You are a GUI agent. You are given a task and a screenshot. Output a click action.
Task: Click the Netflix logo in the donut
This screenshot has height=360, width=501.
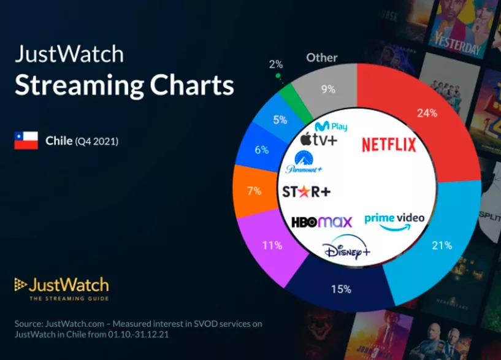point(389,145)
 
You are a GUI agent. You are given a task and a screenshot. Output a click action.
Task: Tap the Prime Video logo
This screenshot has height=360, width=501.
point(394,222)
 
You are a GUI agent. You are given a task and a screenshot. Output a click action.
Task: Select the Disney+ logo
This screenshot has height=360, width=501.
point(346,249)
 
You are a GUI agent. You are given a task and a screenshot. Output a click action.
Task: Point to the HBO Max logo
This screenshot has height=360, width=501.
point(322,222)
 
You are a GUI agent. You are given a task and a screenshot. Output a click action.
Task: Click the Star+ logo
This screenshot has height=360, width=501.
point(306,191)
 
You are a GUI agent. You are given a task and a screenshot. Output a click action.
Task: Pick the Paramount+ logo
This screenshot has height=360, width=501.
point(304,163)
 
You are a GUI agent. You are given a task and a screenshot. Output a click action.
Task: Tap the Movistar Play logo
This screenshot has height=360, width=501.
point(331,126)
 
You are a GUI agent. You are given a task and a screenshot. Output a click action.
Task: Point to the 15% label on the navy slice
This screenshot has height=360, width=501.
point(341,289)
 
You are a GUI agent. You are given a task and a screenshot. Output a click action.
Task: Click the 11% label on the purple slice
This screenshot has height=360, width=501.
point(272,245)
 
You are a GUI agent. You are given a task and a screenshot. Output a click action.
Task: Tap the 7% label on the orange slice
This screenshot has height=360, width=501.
point(254,191)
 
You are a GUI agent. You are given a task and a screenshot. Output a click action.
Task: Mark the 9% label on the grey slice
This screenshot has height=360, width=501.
point(328,89)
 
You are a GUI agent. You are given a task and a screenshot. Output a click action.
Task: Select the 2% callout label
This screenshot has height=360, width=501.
point(275,64)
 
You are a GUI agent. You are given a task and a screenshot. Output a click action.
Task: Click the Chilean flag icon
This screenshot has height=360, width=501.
point(26,141)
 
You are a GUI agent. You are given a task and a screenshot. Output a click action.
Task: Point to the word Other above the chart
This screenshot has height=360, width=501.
point(322,58)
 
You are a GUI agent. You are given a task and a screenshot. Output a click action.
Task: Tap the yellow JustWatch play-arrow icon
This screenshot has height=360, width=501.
point(21,285)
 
